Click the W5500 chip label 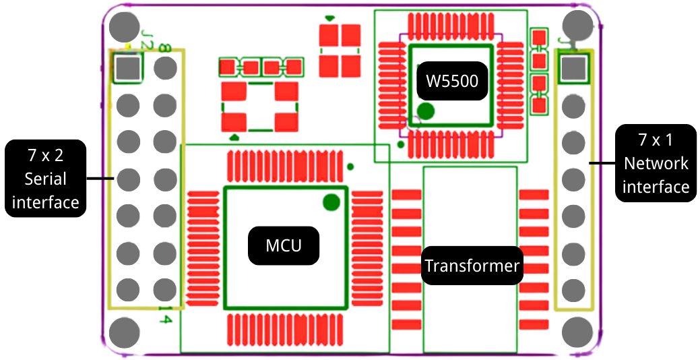[452, 82]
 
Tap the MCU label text [284, 245]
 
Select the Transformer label [472, 266]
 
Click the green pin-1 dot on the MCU [331, 201]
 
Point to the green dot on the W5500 [426, 111]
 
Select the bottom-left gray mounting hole [124, 332]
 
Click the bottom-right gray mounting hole [577, 332]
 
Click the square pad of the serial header [127, 67]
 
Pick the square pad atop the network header [573, 68]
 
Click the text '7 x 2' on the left [46, 155]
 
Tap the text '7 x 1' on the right [656, 141]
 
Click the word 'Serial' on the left [46, 179]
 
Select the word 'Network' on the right [656, 164]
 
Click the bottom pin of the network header [573, 290]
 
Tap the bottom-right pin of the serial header [164, 290]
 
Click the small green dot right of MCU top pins [350, 167]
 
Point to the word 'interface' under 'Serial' [46, 202]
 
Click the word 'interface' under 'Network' [656, 187]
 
